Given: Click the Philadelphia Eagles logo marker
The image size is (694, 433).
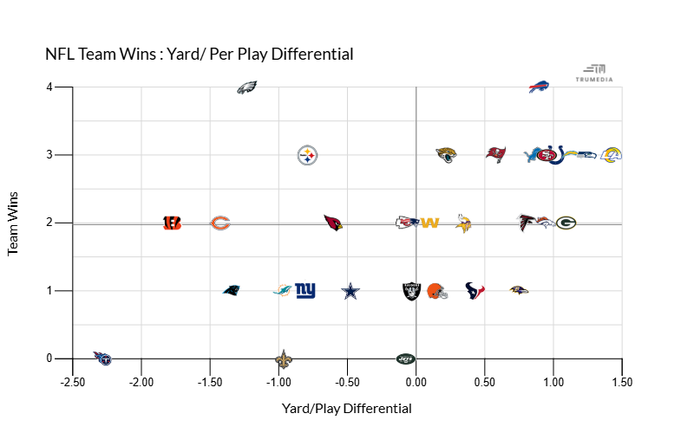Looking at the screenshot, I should click(247, 87).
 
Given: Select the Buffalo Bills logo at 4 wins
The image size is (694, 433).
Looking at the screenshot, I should click(540, 87).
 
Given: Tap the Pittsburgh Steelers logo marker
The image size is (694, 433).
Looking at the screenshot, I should click(308, 155).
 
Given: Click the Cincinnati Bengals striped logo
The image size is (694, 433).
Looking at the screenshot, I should click(172, 223).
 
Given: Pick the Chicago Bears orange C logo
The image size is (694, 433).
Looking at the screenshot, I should click(220, 223).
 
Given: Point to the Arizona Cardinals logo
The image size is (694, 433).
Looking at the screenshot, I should click(333, 223).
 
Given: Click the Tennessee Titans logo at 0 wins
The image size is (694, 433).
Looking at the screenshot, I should click(102, 357).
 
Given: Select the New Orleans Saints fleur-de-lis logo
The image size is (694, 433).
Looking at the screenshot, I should click(284, 358).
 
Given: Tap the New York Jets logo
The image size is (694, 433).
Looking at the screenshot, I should click(406, 358).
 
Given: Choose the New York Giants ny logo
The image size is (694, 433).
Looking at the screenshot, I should click(305, 290).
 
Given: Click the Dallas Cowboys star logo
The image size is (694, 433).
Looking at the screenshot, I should click(350, 291).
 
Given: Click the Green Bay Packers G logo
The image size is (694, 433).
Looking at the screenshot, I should click(566, 223).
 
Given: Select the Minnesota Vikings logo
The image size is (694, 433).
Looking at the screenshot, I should click(463, 223).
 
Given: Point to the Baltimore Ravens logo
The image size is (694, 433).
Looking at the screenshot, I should click(519, 290).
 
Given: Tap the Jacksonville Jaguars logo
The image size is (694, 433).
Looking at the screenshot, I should click(446, 155).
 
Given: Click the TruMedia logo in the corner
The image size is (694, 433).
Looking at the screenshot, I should click(594, 73).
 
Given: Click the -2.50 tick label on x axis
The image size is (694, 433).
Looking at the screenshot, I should click(73, 382).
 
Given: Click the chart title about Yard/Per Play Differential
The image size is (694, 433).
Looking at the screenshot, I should click(200, 54).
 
